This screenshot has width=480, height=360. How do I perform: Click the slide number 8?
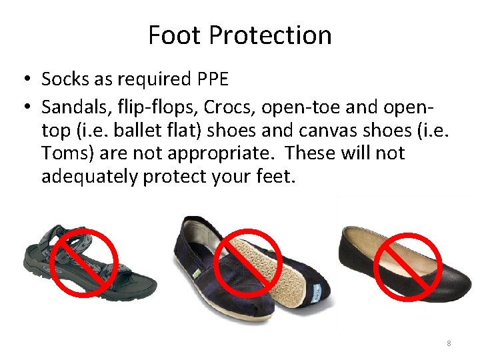pyautogui.click(x=449, y=343)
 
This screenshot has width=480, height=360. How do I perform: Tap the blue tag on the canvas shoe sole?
pyautogui.click(x=318, y=291)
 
